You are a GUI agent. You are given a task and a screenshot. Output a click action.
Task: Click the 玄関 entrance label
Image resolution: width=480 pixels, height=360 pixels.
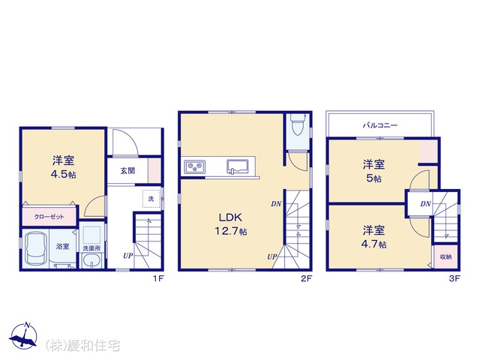coord(127,170)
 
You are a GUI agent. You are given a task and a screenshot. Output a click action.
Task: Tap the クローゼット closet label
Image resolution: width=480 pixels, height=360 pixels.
coord(49,217)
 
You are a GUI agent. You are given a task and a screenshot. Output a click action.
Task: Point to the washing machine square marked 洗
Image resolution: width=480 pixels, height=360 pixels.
coord(151,199)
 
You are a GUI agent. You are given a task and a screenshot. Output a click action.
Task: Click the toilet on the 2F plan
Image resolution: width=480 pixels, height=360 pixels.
coord(298,124)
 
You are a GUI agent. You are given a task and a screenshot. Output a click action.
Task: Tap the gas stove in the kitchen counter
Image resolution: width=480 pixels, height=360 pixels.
coord(195,167)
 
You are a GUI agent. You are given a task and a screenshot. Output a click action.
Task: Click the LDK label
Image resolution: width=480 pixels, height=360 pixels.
coord(230,217)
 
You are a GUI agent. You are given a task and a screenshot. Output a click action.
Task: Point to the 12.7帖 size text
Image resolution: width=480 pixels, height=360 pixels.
coord(230,231)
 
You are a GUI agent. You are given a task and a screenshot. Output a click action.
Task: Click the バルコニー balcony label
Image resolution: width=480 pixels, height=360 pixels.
coord(380,125)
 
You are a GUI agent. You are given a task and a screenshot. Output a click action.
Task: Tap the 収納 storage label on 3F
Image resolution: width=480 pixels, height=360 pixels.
coord(445,256)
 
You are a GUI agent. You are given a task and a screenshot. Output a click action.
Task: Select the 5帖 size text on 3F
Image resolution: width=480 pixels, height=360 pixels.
coord(373,178)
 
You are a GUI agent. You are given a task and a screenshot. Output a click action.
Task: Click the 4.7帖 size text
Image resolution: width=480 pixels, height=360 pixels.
coord(373,244)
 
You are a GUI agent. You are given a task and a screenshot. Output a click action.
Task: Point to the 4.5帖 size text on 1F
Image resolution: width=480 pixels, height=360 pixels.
coord(63,174)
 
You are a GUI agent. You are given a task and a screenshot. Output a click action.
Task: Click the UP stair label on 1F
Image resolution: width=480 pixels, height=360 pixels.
coord(128,255)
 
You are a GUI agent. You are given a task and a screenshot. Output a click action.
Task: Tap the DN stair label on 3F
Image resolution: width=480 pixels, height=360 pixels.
coord(425,203)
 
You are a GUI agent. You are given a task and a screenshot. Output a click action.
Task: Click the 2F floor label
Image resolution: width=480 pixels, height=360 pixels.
coord(306,278)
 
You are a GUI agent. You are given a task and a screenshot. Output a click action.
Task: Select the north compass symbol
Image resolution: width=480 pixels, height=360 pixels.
coord(23,336)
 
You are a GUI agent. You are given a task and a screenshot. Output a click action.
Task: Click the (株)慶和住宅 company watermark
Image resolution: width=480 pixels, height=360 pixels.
coord(82,346)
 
